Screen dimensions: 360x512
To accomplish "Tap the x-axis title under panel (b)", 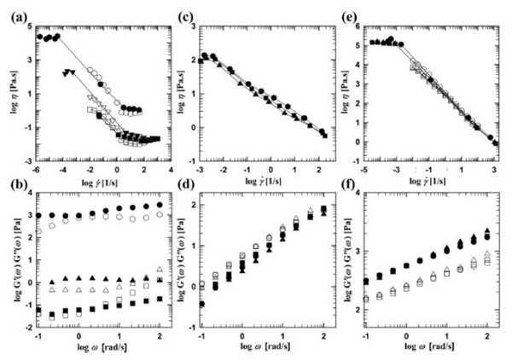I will (x=96, y=351).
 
